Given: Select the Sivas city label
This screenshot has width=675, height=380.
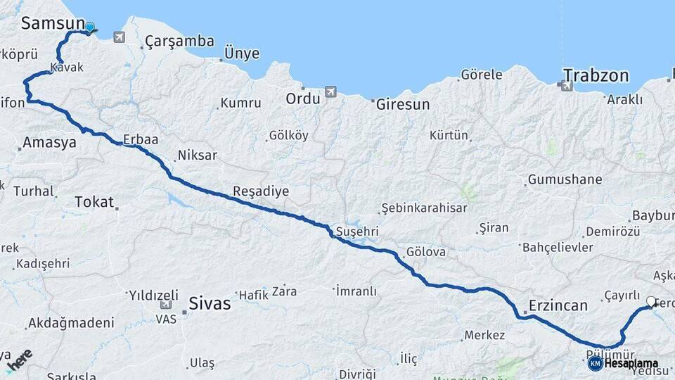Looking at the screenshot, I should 210,304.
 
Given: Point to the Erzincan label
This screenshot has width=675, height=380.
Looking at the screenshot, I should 559,305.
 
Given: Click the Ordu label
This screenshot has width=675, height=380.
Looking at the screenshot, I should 302,98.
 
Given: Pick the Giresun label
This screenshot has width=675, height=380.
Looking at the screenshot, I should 403,104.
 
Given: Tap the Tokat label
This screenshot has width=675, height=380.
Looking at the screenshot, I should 94,202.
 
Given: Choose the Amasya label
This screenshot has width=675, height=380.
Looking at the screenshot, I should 49,143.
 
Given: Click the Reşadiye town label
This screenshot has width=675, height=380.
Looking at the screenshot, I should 261,191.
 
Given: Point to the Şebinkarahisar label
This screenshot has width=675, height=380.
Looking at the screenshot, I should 423,208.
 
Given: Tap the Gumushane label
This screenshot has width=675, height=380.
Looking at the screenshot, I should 565,179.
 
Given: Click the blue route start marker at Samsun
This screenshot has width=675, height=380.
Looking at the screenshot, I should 90,27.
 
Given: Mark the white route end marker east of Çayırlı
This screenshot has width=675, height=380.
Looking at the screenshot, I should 651,303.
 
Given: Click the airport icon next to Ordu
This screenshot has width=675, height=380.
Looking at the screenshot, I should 330,92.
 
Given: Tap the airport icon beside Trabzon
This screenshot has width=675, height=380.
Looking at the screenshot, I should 567,86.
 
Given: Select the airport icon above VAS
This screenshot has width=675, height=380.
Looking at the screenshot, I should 167,305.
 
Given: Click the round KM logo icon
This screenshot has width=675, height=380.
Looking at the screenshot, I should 595,363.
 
